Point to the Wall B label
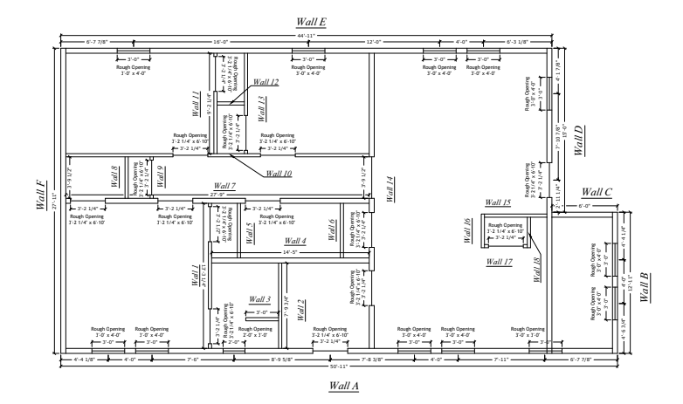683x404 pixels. (x=644, y=287)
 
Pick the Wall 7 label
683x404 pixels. (x=224, y=186)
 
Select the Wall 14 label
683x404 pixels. (x=390, y=188)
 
